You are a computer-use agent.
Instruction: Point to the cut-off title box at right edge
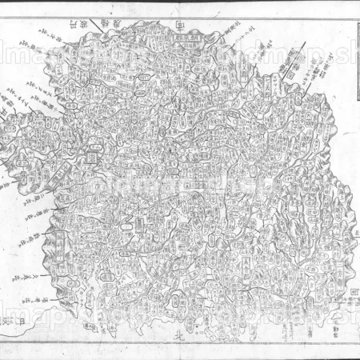point(356,64)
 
